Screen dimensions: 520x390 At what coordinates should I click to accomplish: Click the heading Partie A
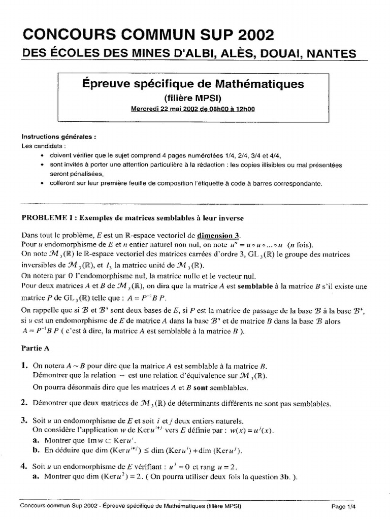[35, 349]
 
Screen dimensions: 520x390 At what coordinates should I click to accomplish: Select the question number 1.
[24, 367]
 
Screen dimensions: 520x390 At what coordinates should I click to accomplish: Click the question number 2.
[24, 404]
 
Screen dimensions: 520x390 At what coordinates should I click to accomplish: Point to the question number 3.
[24, 420]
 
